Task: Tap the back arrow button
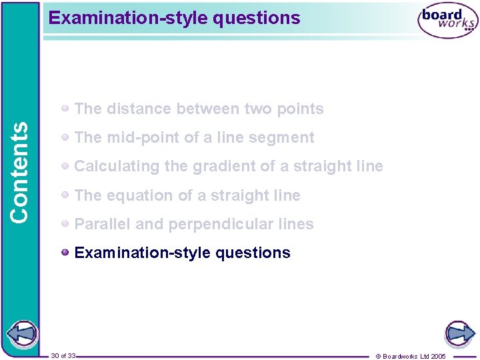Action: coord(22,333)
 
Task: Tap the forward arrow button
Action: coord(459,333)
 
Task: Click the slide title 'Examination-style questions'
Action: coord(175,18)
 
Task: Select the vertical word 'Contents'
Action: coord(20,172)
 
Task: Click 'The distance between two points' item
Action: coord(199,109)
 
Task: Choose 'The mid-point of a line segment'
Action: coord(194,137)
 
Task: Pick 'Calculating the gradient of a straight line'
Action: coord(229,166)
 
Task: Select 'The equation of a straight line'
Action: coord(187,195)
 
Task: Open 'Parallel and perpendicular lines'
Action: coord(194,224)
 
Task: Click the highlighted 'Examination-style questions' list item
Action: coord(183,253)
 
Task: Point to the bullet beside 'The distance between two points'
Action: coord(65,108)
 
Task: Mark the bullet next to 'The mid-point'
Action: coord(65,137)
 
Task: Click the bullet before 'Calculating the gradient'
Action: coord(65,165)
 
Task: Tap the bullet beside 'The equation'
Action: coord(65,195)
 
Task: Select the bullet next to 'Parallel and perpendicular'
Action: coord(65,223)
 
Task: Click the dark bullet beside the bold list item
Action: coord(65,252)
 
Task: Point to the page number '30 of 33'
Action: coord(63,356)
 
